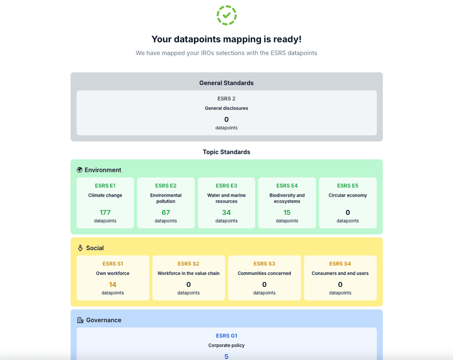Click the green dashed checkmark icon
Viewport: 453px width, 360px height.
tap(226, 15)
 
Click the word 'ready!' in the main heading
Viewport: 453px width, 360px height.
tap(287, 39)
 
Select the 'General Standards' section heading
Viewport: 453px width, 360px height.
tap(226, 83)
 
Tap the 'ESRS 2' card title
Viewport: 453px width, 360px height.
tap(226, 98)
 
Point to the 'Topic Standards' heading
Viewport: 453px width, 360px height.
tap(226, 152)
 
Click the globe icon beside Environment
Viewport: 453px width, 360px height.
tap(79, 170)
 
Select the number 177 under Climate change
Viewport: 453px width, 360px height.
tap(105, 212)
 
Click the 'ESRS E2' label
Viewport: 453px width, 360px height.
tap(166, 186)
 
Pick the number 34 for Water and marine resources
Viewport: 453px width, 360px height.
tap(226, 212)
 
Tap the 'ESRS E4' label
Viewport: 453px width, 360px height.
tap(287, 186)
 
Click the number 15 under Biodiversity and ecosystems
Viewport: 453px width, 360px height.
tap(287, 212)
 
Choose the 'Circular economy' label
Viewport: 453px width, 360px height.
tap(348, 195)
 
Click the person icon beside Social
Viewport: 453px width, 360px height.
tap(80, 248)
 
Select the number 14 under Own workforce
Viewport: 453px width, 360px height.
tap(112, 285)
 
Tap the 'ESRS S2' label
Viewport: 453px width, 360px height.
tap(188, 264)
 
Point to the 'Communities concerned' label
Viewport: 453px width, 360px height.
tap(264, 273)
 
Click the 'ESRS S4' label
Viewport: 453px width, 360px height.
tap(340, 264)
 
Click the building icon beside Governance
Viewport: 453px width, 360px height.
tap(80, 320)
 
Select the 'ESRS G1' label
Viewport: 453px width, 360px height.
tap(226, 335)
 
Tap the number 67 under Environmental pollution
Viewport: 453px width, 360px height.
tap(166, 212)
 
